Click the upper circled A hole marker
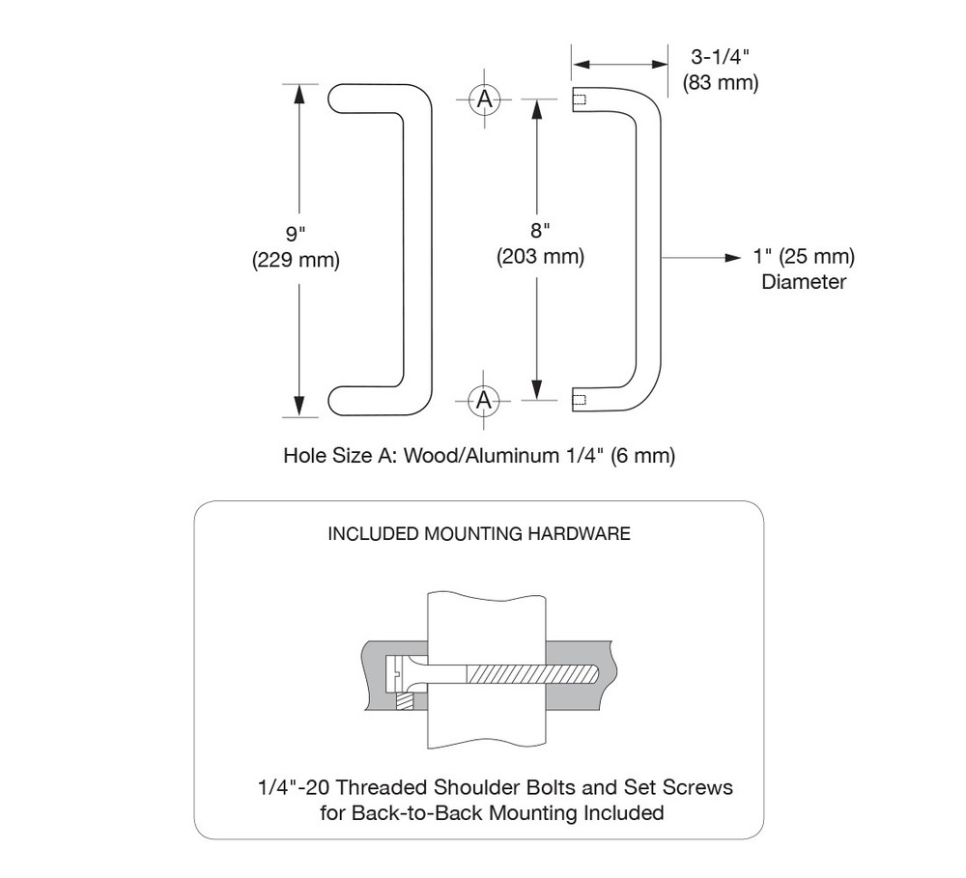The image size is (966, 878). coord(485,99)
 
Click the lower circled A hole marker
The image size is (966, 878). coord(485,399)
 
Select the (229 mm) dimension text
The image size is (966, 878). coord(296,261)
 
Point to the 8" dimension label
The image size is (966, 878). coord(540,232)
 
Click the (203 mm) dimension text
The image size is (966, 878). coord(540,257)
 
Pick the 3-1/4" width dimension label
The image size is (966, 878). coord(720,58)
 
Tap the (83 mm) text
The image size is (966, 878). coord(720,83)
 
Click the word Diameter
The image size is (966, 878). coord(804,282)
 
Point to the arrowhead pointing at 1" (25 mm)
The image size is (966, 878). coord(732,258)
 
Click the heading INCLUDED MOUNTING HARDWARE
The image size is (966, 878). coord(480,534)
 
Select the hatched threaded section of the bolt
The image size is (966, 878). coord(531,671)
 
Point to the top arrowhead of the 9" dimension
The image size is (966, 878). coord(299,94)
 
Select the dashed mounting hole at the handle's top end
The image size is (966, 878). coord(580,99)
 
